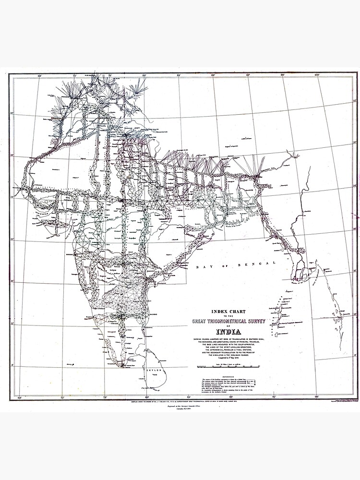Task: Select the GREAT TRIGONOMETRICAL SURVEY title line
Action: pos(224,321)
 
